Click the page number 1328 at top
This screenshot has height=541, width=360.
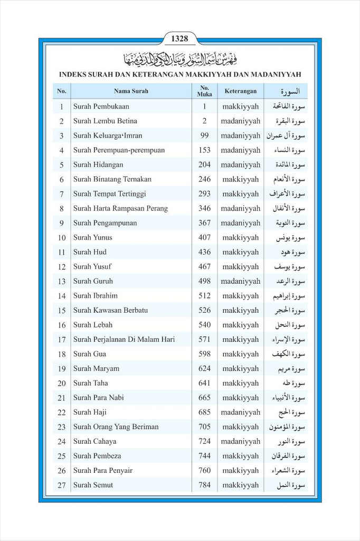[x=179, y=39]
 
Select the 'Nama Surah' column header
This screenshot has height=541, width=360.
[x=131, y=91]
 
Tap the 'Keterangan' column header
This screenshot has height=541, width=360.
[x=240, y=91]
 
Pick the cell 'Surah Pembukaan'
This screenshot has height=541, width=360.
[x=101, y=106]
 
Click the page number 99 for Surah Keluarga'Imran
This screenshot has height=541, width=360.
[x=204, y=136]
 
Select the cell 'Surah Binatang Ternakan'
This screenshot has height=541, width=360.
[x=112, y=179]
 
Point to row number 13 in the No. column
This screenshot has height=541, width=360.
[x=62, y=282]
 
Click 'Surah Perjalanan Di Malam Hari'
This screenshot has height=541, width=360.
[x=124, y=339]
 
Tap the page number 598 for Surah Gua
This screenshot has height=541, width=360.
[x=204, y=354]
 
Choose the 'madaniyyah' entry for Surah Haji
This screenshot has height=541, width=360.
[x=241, y=412]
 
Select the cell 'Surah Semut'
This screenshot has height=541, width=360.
[x=93, y=485]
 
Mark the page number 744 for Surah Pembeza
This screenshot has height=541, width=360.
[x=204, y=456]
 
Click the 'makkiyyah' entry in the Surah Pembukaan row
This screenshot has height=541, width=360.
[x=241, y=106]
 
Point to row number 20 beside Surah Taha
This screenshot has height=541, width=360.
[x=62, y=384]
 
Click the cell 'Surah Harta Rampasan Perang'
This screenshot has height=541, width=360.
[x=120, y=208]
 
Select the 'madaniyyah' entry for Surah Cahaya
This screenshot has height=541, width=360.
[x=241, y=441]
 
